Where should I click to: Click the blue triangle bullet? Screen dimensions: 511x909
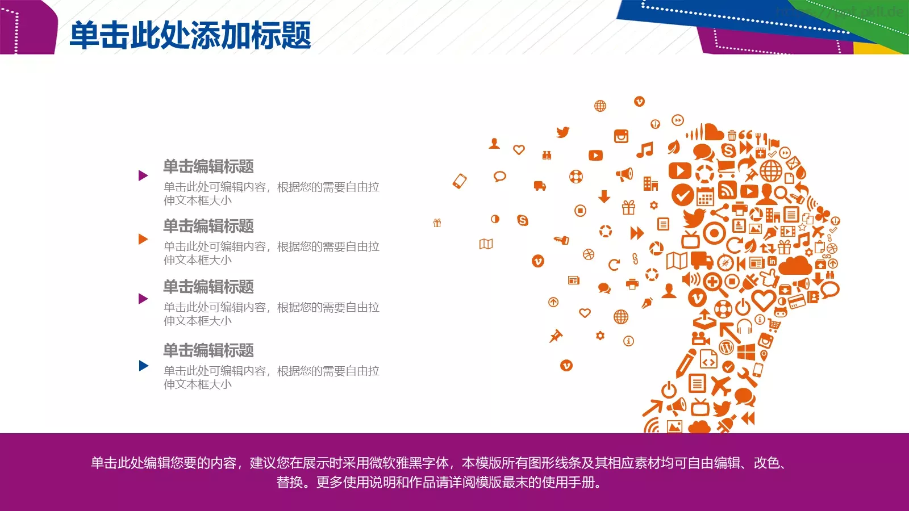144,366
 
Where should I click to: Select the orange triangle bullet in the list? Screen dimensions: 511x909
143,239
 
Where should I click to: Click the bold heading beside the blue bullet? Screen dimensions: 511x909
208,350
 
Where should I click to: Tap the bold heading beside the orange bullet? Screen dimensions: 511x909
208,226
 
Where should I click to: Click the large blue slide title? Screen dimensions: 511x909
190,35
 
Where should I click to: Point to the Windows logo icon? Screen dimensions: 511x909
746,351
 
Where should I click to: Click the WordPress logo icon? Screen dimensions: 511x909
726,346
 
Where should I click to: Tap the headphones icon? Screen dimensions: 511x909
744,327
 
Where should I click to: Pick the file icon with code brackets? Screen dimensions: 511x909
708,359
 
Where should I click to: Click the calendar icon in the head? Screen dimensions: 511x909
705,196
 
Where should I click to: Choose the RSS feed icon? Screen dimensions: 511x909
728,190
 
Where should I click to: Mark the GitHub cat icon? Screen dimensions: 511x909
781,311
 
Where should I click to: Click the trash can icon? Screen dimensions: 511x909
732,135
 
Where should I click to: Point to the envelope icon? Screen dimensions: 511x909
792,165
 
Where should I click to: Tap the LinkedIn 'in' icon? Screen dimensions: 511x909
772,261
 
